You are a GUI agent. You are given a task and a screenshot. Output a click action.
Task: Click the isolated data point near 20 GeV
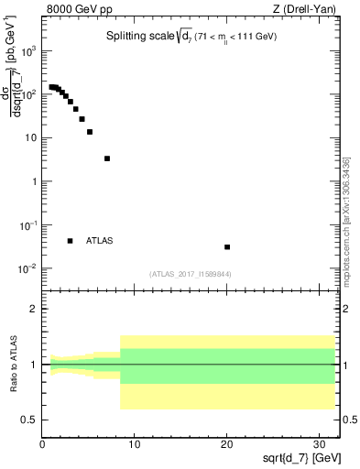(227, 246)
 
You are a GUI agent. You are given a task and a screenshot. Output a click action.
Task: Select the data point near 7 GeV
(107, 158)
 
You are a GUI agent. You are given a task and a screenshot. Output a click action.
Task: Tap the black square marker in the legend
(70, 241)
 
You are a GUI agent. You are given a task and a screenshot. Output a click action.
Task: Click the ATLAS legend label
(100, 241)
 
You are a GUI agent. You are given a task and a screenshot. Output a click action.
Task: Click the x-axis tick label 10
(135, 444)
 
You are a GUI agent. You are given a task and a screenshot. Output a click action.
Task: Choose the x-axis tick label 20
(227, 444)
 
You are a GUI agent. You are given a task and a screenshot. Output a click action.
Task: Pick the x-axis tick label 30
(320, 444)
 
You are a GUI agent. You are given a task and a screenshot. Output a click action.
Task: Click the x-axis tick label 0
(42, 444)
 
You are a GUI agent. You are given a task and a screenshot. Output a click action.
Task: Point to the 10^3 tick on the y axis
(27, 51)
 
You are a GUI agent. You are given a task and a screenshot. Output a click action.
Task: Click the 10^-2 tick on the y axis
(27, 268)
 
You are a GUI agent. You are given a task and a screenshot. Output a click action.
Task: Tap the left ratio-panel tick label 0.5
(29, 420)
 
